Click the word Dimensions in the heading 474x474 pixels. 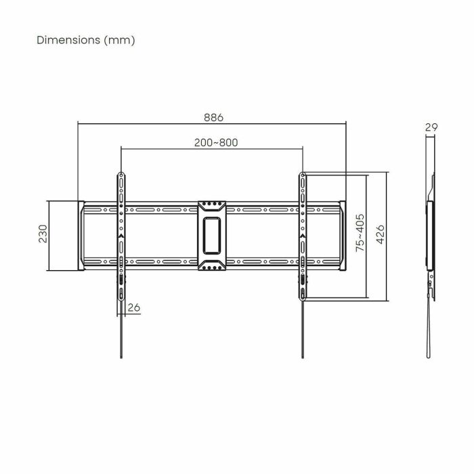67,40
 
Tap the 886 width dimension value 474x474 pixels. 213,116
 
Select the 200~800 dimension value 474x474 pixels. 216,142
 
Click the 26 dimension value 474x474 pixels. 134,308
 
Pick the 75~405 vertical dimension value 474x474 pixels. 360,234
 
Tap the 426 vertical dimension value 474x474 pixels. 381,235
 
